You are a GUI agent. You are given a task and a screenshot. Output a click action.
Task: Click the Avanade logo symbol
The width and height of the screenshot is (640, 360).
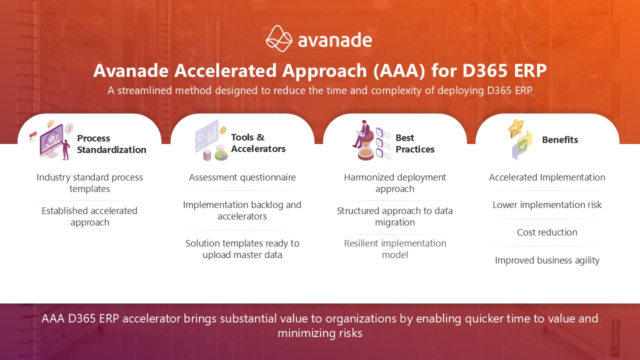279,38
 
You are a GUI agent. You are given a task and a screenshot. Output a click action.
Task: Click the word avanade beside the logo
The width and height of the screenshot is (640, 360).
335,40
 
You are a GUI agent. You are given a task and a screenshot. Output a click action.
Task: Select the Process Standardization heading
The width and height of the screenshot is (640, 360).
111,144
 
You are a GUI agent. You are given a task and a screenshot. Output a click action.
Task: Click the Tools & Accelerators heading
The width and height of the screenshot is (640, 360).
258,143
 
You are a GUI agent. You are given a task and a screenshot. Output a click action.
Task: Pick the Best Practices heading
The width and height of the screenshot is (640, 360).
415,143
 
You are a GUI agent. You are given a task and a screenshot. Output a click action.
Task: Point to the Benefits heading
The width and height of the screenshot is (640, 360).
560,139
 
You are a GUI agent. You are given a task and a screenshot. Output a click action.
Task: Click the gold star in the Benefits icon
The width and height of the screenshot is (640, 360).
516,128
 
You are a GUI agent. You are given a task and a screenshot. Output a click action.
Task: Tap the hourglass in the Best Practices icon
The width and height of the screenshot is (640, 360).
365,148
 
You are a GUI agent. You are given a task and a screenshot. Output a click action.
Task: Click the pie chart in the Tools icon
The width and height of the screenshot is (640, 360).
221,155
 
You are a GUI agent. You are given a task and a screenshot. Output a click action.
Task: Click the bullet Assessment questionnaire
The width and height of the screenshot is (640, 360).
242,177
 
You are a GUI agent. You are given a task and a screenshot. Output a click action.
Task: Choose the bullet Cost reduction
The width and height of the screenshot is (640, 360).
547,232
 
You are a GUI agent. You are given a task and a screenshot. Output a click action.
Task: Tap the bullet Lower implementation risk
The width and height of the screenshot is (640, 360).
547,205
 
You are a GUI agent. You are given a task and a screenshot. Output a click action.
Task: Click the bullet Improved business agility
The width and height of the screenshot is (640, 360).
547,260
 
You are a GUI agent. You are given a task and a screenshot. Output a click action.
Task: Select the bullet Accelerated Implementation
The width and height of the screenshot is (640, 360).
547,177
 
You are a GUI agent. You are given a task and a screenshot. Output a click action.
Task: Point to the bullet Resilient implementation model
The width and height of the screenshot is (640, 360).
395,249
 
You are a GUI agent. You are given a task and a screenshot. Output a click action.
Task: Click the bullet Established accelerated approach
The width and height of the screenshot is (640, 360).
89,216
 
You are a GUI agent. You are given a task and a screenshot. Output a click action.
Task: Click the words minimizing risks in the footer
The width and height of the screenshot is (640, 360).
320,333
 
